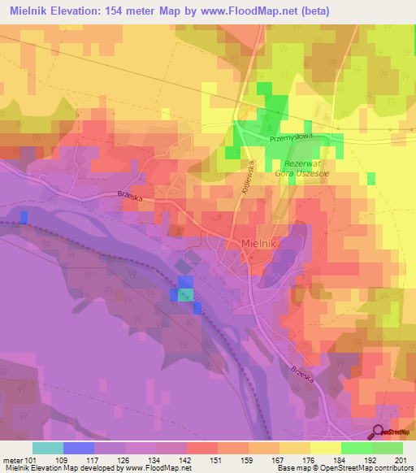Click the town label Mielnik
[261, 243]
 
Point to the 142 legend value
[186, 459]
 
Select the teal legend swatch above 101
[47, 448]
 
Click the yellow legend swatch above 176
[325, 448]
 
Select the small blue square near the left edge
[24, 216]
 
